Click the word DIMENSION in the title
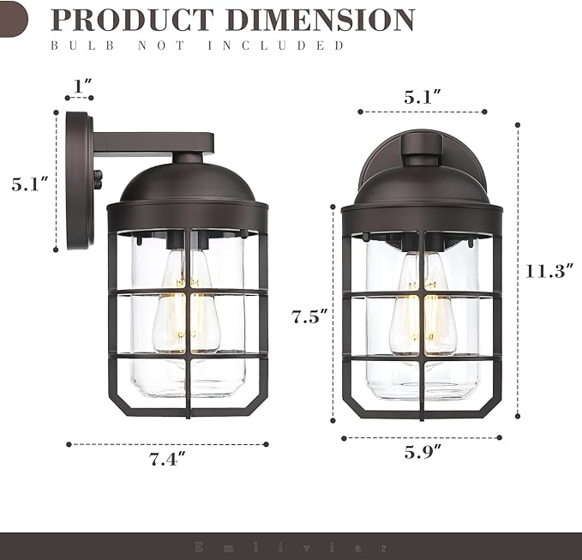(329, 20)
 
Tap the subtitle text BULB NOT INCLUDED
(198, 45)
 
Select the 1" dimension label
(82, 86)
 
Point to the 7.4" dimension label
(168, 460)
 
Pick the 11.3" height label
(549, 271)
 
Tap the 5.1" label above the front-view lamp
(423, 97)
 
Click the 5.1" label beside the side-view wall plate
(29, 184)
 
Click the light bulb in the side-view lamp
(186, 304)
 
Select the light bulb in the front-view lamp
(423, 307)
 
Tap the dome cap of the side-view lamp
(187, 183)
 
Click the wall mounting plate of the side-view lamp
(78, 180)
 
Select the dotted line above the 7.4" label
(168, 444)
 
